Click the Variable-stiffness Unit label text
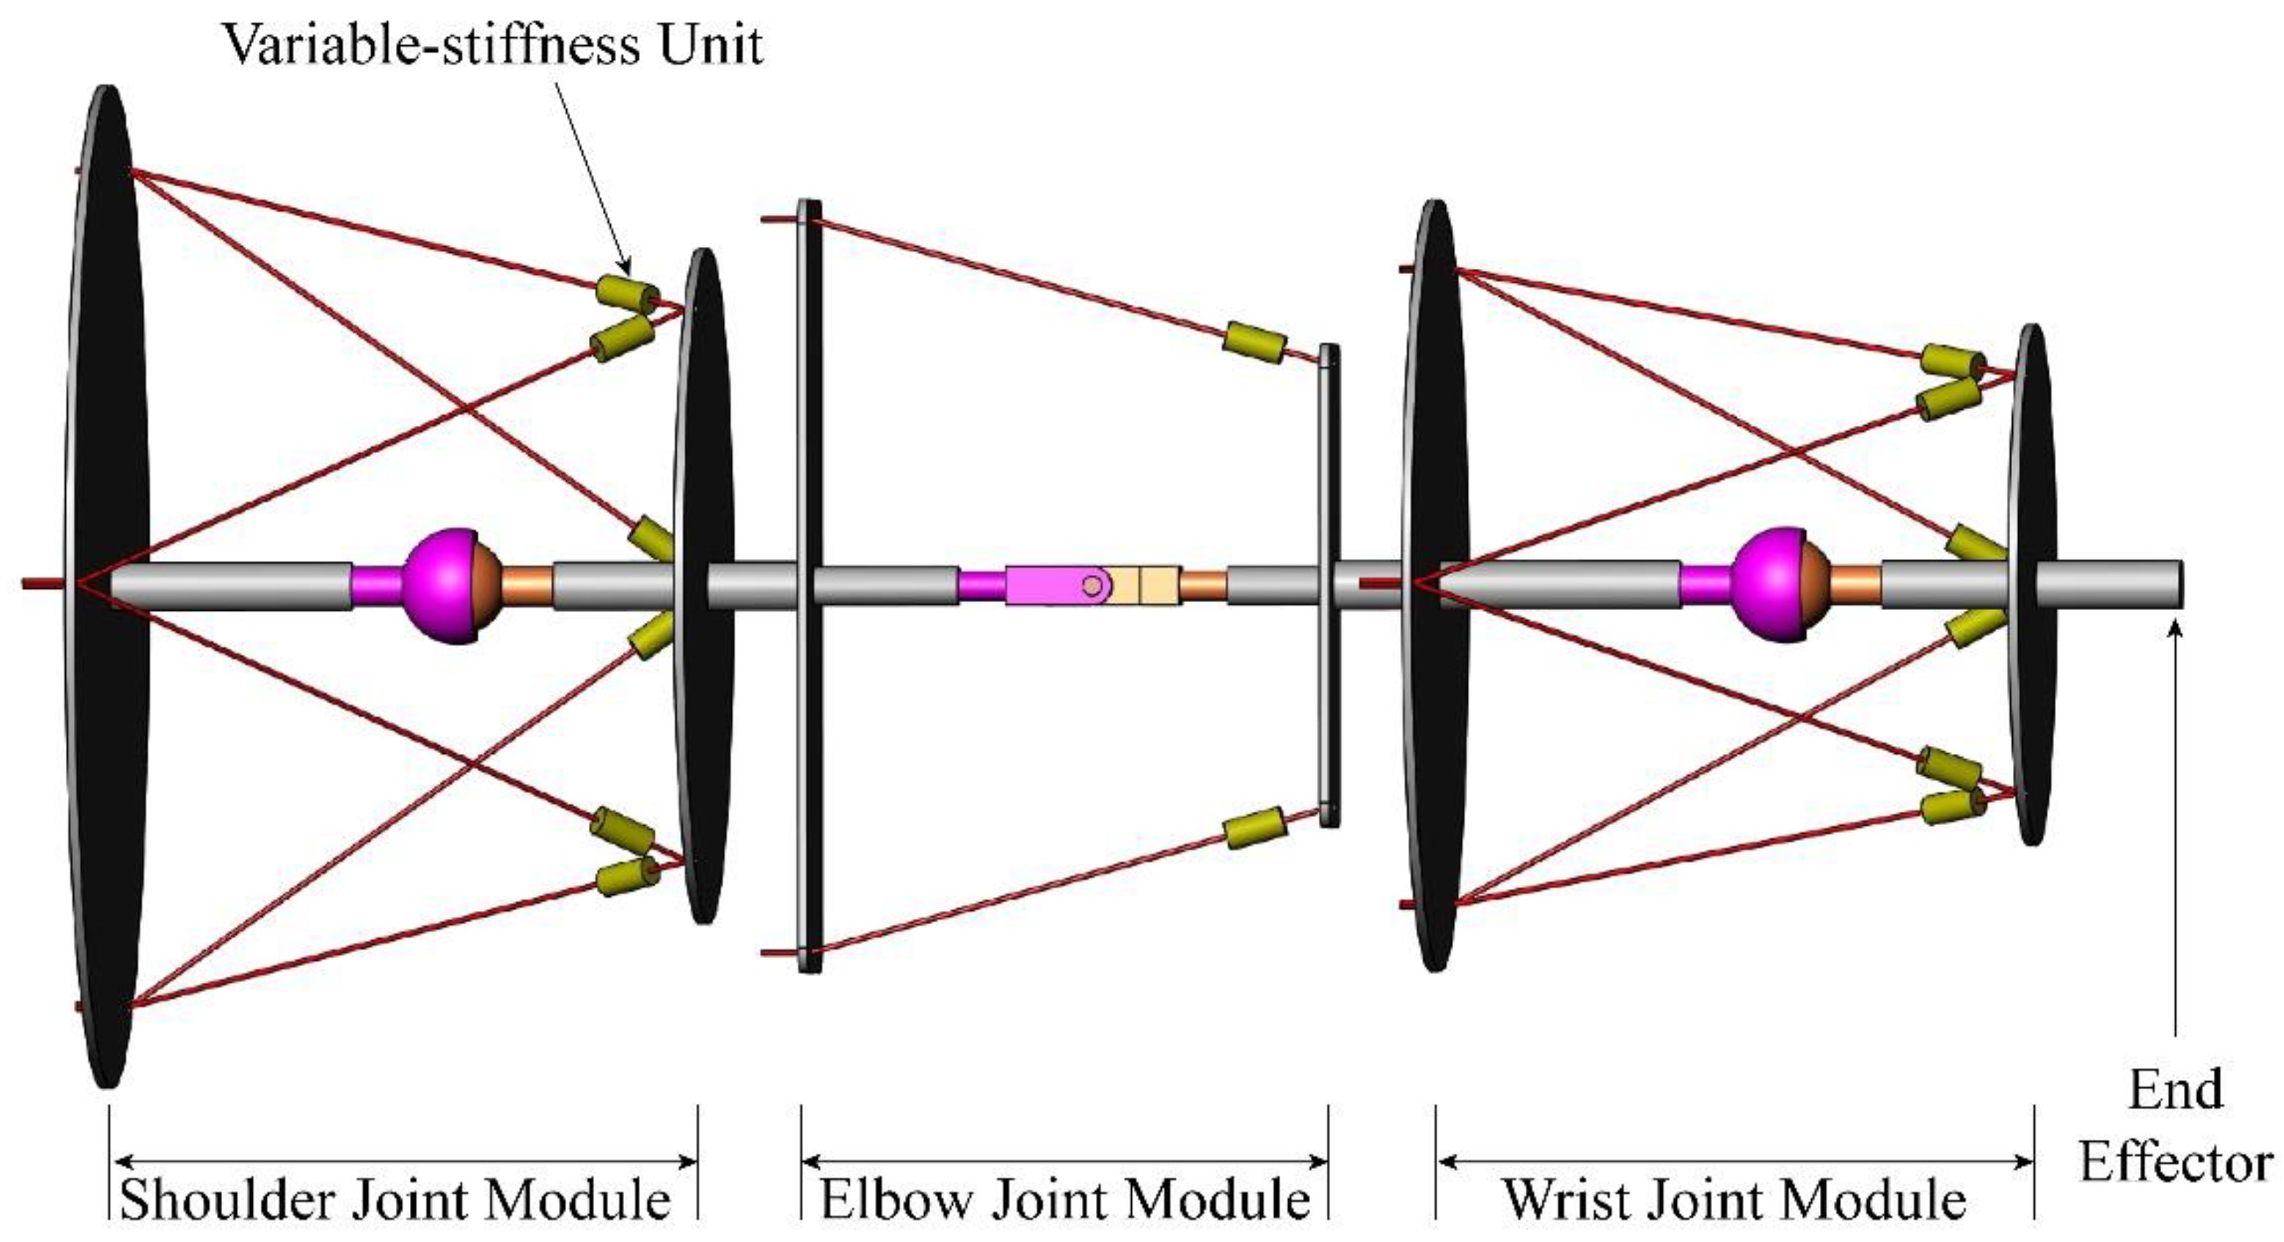point(492,45)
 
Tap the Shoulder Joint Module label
point(395,1200)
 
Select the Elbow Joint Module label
point(1065,1200)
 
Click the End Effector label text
point(2176,1126)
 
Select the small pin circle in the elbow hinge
point(1093,585)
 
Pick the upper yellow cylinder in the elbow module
point(1254,342)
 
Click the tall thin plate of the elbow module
point(810,585)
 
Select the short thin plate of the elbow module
point(1329,585)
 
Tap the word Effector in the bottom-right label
point(2176,1163)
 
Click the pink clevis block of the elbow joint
point(1042,585)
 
